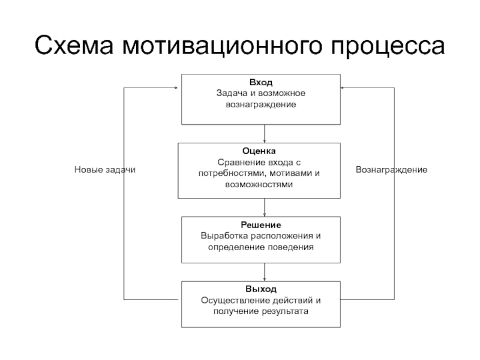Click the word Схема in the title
(x=74, y=46)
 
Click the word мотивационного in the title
(x=222, y=46)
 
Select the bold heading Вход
(x=261, y=82)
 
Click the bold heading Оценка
(x=259, y=151)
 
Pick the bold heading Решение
(x=261, y=225)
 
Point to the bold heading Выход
(x=261, y=289)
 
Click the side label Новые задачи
(x=104, y=170)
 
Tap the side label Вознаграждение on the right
(x=392, y=170)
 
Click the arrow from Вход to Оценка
(x=265, y=134)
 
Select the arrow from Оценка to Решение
(x=265, y=208)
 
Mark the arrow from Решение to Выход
(x=265, y=272)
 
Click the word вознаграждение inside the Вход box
(x=261, y=104)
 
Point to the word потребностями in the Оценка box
(x=232, y=173)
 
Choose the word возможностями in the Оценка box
(x=259, y=185)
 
